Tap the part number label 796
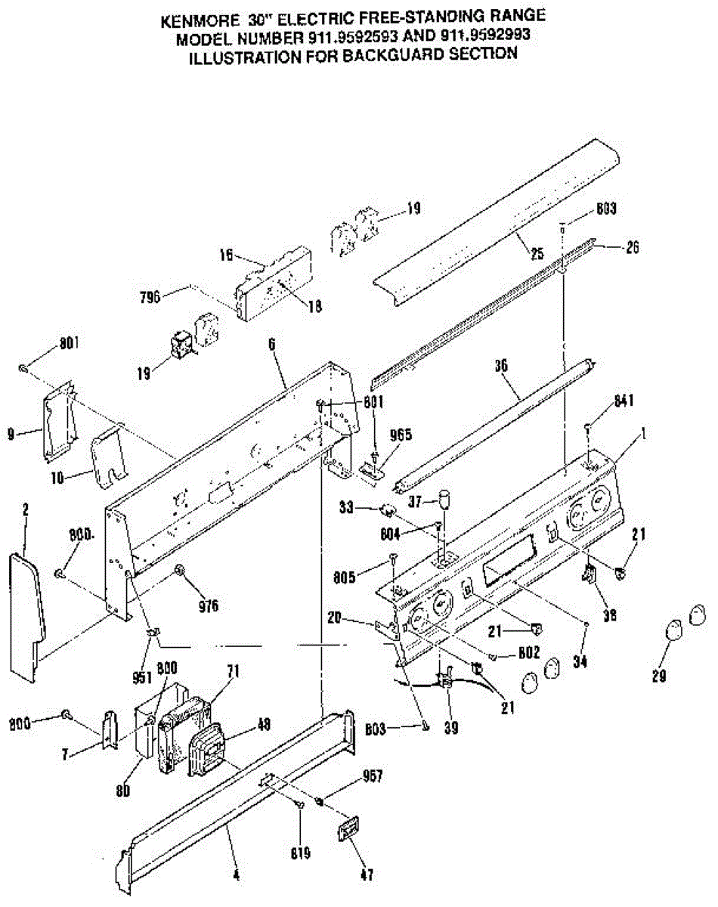151,297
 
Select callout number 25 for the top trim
537,255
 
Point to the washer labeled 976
181,569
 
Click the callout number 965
401,435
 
